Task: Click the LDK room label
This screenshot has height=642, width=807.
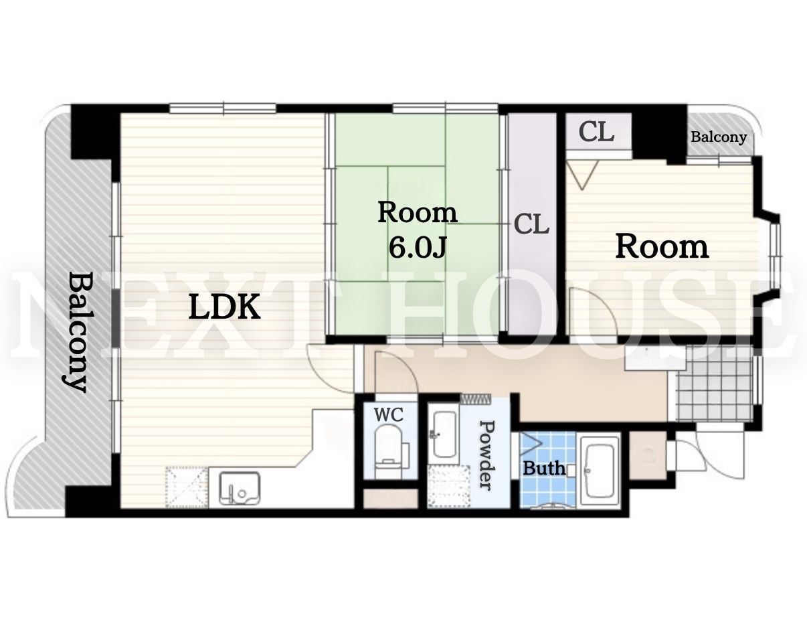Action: point(224,307)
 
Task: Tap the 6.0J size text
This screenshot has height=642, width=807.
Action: point(418,247)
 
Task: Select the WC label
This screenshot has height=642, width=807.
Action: point(389,415)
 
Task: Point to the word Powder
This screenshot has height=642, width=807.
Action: point(488,455)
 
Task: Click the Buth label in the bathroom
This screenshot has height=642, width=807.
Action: point(544,469)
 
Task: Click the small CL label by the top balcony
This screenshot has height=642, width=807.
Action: point(597,132)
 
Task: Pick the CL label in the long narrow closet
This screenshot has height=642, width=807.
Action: point(532,224)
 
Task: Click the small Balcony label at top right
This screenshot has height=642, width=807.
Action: point(719,137)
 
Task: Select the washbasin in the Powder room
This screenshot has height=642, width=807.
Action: point(445,434)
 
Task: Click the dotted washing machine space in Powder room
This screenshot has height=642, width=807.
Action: point(449,486)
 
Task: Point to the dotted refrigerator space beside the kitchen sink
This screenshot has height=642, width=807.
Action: point(187,487)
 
